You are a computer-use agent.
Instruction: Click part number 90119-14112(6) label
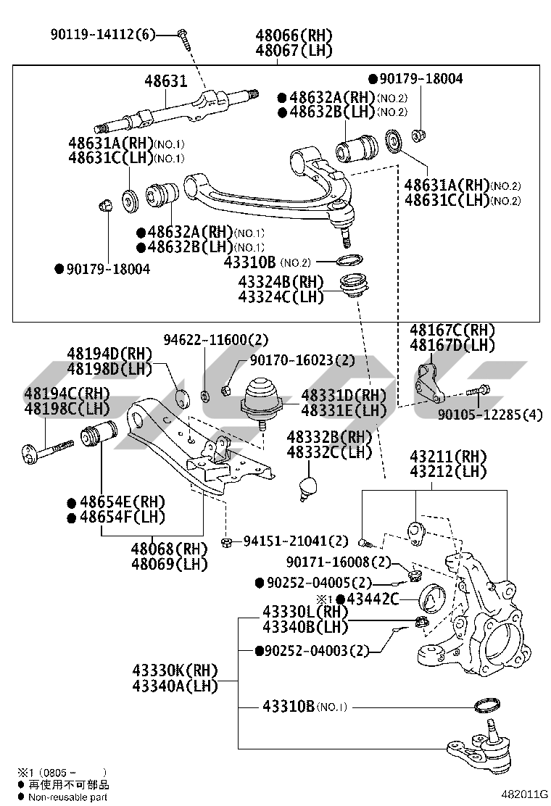coord(103,34)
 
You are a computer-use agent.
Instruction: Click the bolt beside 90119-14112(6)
coord(183,36)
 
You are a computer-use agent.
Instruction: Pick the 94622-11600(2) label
coord(205,339)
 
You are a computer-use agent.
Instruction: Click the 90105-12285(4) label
coord(490,415)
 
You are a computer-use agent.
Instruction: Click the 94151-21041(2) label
coord(296,541)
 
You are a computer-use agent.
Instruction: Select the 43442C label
coord(373,599)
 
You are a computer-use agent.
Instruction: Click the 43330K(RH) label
coord(175,670)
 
